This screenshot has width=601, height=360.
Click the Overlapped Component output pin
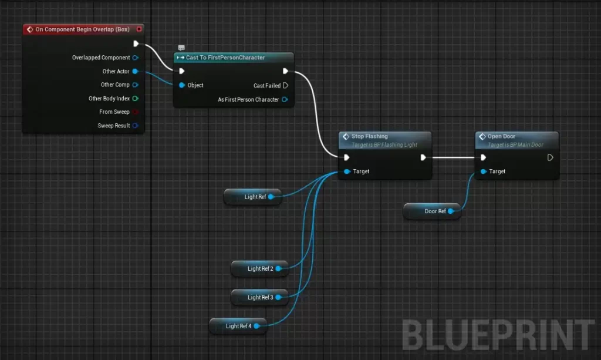(135, 58)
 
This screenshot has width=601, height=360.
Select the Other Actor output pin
(135, 72)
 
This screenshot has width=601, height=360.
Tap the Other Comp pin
(135, 85)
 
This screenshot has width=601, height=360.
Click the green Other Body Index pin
(135, 99)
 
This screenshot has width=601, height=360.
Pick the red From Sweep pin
(135, 112)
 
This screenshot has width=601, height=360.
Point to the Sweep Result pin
(135, 126)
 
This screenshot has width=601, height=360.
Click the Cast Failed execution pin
(285, 86)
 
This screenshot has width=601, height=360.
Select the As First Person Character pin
(285, 100)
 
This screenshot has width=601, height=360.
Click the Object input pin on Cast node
(182, 85)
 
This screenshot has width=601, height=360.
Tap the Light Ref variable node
(252, 197)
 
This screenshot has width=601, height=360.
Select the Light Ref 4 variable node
(238, 326)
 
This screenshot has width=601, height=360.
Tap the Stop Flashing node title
(369, 136)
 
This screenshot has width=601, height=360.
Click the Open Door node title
(501, 136)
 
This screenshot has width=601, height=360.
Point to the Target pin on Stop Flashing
(347, 171)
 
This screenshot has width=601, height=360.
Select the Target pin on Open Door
(483, 171)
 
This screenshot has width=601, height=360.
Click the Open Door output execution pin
(550, 157)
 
